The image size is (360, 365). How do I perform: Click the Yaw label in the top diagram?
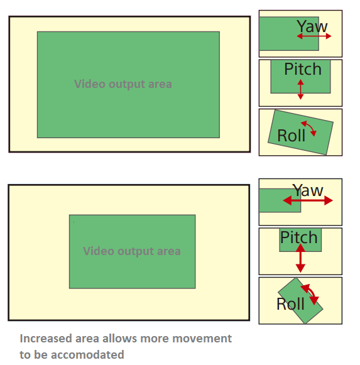tap(312, 26)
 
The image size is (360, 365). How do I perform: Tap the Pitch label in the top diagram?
tap(303, 69)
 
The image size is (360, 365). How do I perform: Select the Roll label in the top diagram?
tap(291, 135)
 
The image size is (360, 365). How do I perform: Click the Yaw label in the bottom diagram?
tap(308, 190)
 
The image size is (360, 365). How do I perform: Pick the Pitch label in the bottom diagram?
tap(299, 237)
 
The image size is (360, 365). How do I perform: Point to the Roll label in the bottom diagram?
tap(290, 304)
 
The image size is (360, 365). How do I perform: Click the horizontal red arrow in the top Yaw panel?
tap(314, 36)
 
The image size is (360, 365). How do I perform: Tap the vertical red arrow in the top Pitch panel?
tap(300, 89)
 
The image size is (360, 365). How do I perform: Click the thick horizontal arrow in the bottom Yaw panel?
tap(308, 200)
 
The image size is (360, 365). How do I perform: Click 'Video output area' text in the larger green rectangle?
tap(123, 84)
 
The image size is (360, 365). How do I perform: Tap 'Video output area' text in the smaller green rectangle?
tap(132, 251)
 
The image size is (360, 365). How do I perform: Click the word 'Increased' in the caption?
tap(46, 338)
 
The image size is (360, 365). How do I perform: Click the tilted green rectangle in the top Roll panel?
tap(300, 132)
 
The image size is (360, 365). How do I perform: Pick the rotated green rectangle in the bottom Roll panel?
tap(300, 300)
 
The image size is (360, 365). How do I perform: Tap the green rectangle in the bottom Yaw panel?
tap(280, 200)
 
